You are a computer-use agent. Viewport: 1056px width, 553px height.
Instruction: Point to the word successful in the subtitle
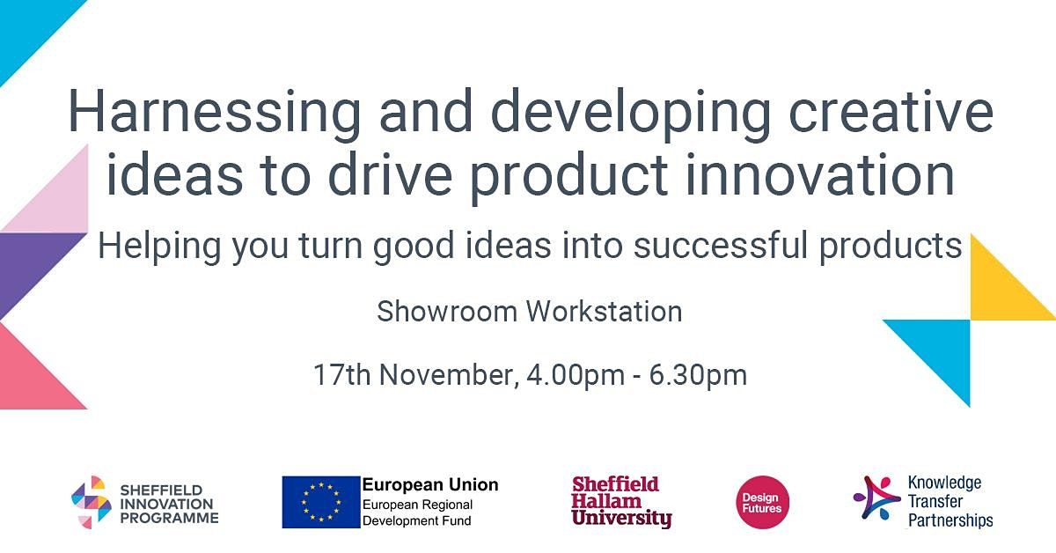[x=721, y=245]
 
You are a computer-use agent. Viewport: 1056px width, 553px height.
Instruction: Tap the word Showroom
[x=447, y=312]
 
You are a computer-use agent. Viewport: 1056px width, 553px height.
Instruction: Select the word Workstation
[x=605, y=312]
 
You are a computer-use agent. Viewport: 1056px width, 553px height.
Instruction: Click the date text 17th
[x=342, y=375]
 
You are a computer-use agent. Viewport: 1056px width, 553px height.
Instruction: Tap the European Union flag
[x=321, y=502]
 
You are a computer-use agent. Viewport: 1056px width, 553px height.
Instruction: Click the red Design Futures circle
[x=762, y=503]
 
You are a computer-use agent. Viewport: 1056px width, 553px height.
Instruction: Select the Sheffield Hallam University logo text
[x=621, y=502]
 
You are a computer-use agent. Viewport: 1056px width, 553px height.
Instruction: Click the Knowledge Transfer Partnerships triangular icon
[x=876, y=498]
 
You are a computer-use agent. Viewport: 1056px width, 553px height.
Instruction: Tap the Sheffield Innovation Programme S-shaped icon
[x=92, y=502]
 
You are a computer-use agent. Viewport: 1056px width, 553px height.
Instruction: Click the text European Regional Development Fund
[x=418, y=512]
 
